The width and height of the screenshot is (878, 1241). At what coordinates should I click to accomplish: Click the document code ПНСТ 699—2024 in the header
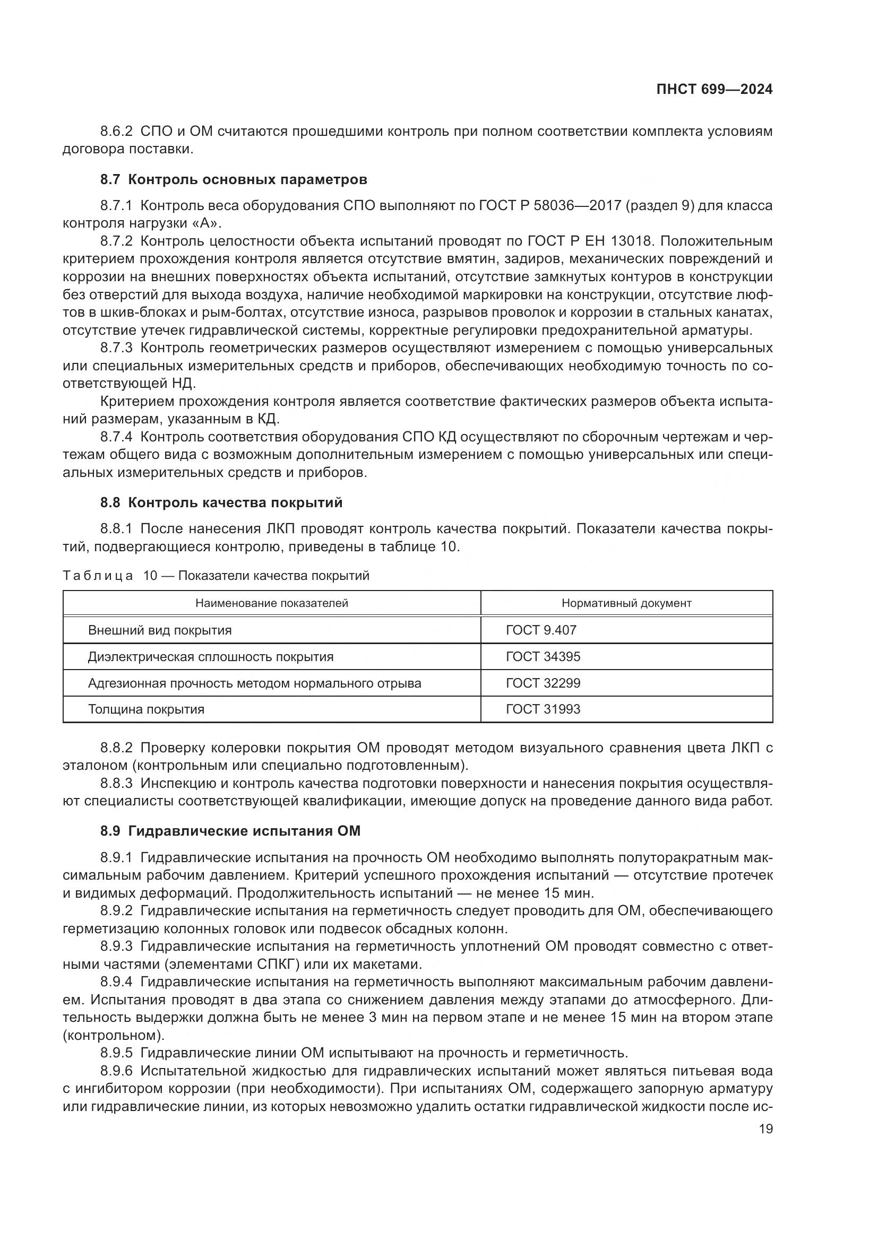(714, 90)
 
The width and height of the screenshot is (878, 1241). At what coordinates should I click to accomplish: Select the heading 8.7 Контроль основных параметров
(234, 179)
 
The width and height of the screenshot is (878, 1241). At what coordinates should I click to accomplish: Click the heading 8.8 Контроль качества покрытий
(221, 502)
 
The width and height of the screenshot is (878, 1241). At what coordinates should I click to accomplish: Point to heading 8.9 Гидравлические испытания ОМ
(230, 831)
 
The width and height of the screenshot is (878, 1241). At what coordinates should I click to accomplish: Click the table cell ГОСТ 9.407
(541, 630)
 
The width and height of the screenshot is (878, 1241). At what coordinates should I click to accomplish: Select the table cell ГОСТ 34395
(543, 657)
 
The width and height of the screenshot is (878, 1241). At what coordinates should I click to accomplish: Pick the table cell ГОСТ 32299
(543, 683)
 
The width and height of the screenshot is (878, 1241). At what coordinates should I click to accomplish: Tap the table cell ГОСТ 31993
(543, 709)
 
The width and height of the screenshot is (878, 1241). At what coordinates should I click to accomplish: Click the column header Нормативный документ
(626, 603)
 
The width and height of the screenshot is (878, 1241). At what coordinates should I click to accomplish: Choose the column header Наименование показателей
(271, 603)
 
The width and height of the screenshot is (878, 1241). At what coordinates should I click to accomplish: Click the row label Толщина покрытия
(146, 709)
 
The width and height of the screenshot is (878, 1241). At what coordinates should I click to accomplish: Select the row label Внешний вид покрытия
(159, 630)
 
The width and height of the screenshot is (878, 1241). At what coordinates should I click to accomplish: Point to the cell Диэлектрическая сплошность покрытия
(210, 657)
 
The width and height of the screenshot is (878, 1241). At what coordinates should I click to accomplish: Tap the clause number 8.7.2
(116, 241)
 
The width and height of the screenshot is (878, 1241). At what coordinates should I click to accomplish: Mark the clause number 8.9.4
(116, 982)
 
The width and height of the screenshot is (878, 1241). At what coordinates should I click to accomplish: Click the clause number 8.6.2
(116, 132)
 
